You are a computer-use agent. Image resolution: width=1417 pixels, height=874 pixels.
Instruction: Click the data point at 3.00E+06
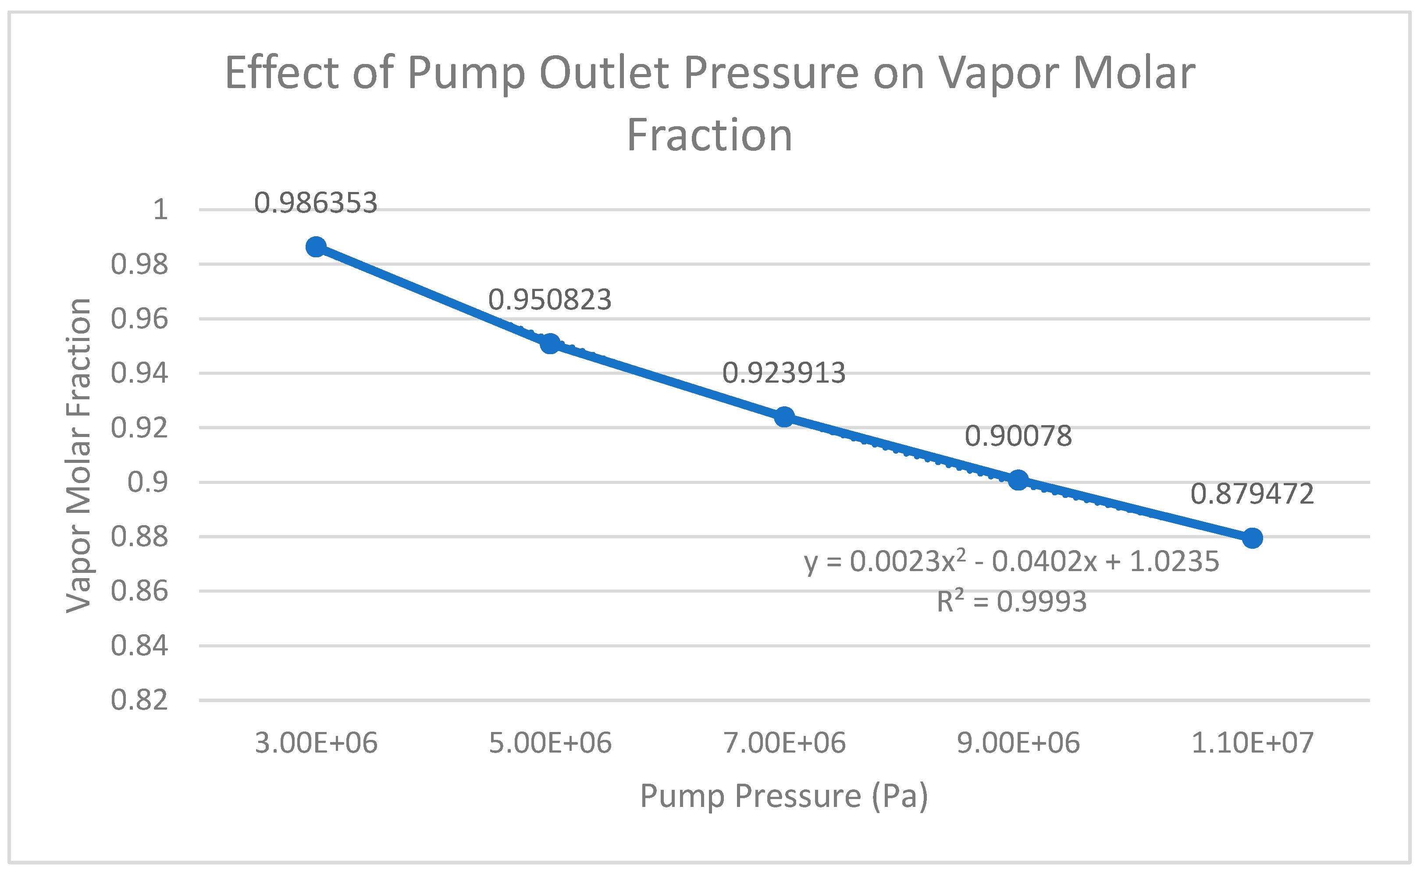coord(316,247)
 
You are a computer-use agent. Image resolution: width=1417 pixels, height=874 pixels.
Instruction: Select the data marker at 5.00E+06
coord(550,344)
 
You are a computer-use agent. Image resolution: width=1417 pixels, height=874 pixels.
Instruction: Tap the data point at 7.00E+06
coord(784,416)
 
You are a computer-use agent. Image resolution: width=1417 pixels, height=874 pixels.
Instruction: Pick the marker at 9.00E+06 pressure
coord(1018,480)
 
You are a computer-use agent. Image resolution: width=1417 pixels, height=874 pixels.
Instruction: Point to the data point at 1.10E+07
coord(1252,538)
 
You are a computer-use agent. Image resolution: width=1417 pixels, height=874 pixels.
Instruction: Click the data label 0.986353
coord(316,203)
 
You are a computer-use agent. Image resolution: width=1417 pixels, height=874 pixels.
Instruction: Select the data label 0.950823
coord(550,300)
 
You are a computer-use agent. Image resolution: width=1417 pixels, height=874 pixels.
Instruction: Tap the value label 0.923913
coord(784,373)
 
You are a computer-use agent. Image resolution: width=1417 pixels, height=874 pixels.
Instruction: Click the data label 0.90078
coord(1018,436)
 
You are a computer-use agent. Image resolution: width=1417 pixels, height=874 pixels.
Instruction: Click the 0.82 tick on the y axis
coord(139,700)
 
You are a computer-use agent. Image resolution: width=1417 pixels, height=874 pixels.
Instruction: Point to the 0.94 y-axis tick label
coord(139,373)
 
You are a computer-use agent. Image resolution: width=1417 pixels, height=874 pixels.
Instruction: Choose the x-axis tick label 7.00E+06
coord(784,743)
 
